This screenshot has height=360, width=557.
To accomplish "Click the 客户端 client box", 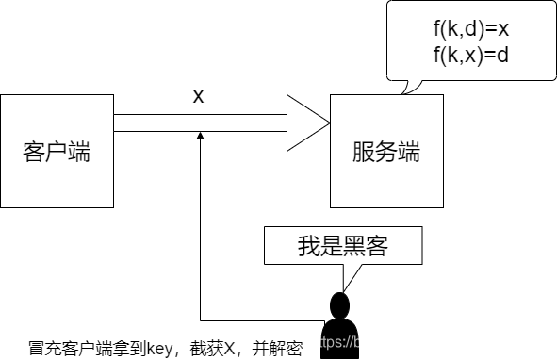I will pyautogui.click(x=57, y=151).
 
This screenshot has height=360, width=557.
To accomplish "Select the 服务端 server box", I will pyautogui.click(x=386, y=151).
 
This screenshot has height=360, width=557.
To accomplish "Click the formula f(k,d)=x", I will pyautogui.click(x=471, y=30).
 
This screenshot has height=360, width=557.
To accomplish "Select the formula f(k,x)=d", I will pyautogui.click(x=471, y=56).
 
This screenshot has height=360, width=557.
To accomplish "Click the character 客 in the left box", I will pyautogui.click(x=34, y=152).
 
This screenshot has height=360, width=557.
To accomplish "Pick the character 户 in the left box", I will pyautogui.click(x=57, y=152).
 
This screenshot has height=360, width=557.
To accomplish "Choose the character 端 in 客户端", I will pyautogui.click(x=79, y=152).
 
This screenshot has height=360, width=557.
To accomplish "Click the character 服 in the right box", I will pyautogui.click(x=364, y=152).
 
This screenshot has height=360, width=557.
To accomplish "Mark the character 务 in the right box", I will pyautogui.click(x=386, y=152).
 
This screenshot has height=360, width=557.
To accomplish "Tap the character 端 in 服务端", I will pyautogui.click(x=409, y=152).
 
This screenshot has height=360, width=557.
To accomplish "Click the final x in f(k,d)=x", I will pyautogui.click(x=503, y=31).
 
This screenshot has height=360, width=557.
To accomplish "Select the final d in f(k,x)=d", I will pyautogui.click(x=503, y=56).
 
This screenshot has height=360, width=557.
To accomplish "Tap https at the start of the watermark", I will pyautogui.click(x=326, y=342).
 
